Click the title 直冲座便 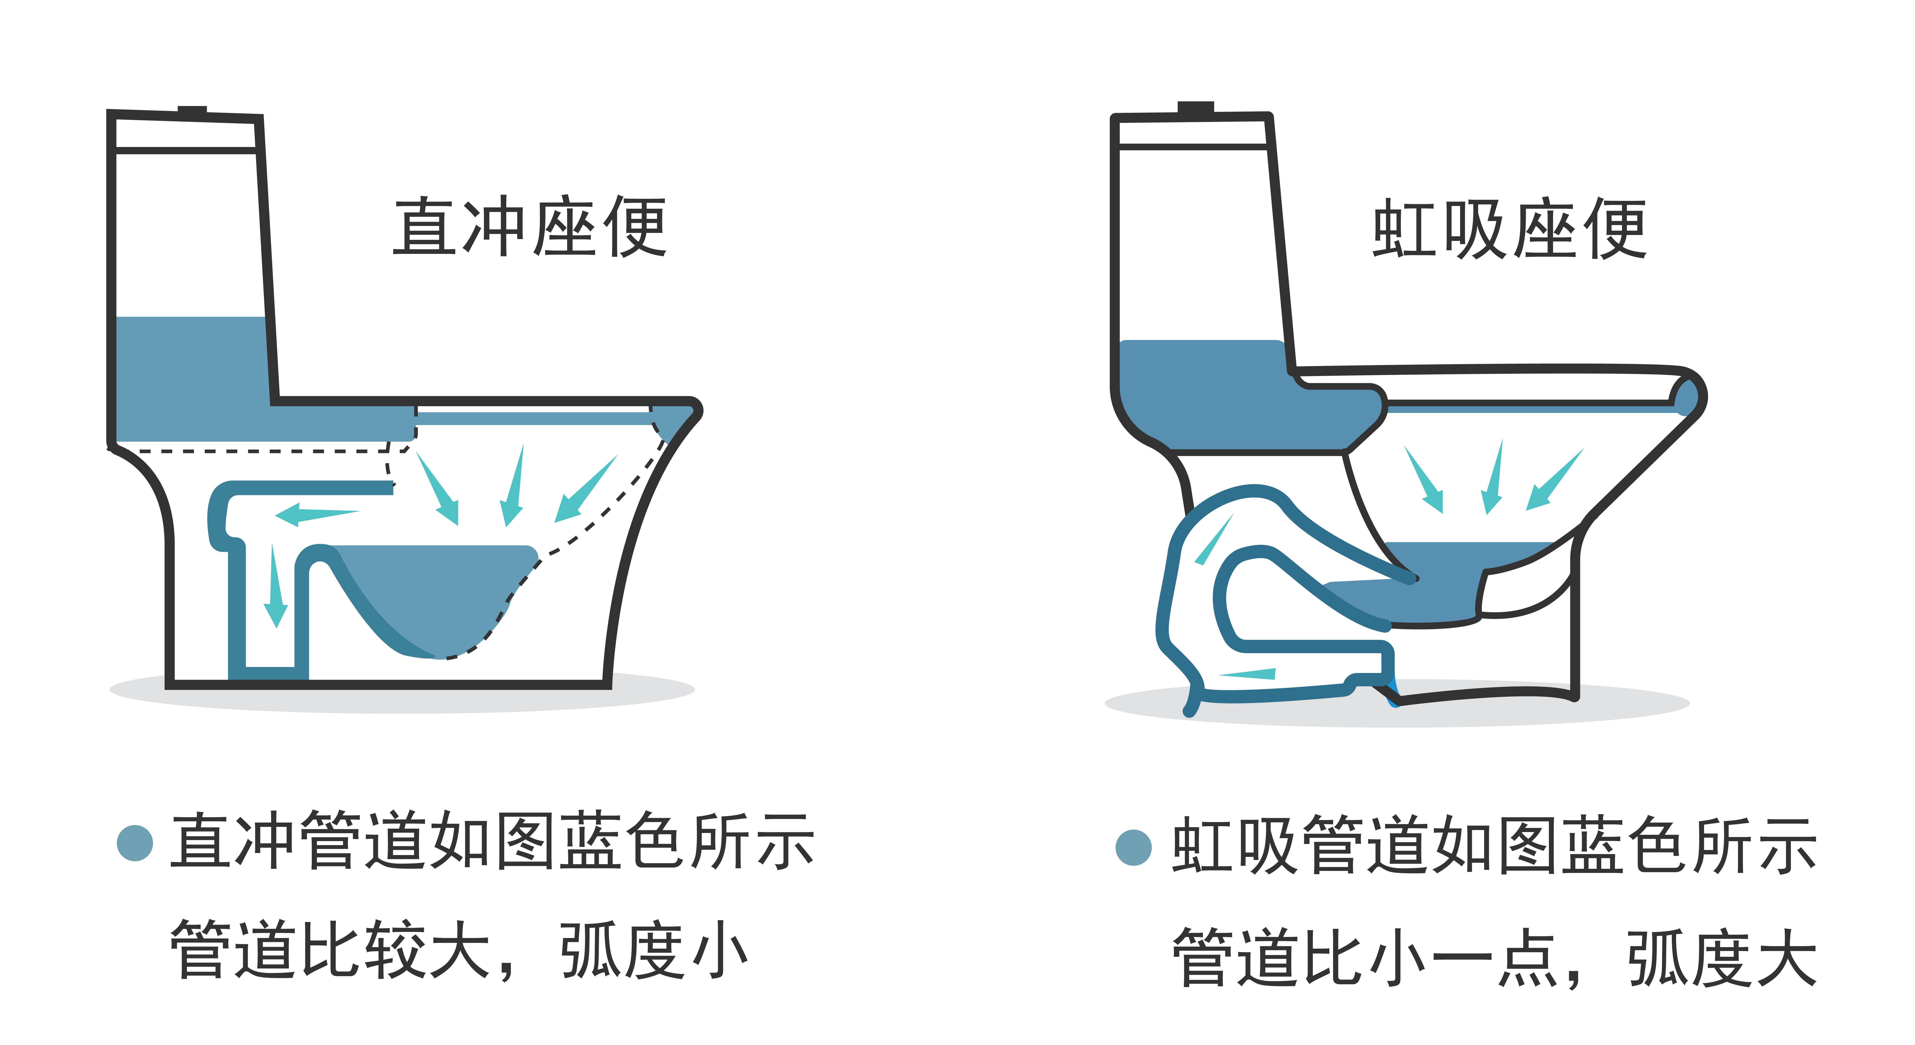tap(529, 227)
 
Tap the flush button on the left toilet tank tap(192, 111)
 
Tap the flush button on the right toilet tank tap(1195, 108)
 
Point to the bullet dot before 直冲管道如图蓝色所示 tap(135, 843)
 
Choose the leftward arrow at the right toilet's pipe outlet tap(1249, 674)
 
